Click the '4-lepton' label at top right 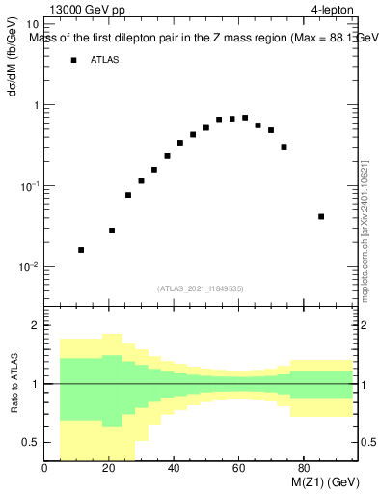(x=334, y=11)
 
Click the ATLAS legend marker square (x=73, y=60)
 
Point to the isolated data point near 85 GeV (x=321, y=216)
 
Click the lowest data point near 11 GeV (x=81, y=250)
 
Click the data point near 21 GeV (x=112, y=231)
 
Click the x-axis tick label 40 (x=175, y=470)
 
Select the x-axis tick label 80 (x=303, y=470)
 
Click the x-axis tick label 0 (x=45, y=470)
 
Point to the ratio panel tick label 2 (x=34, y=325)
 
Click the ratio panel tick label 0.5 (x=29, y=442)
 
